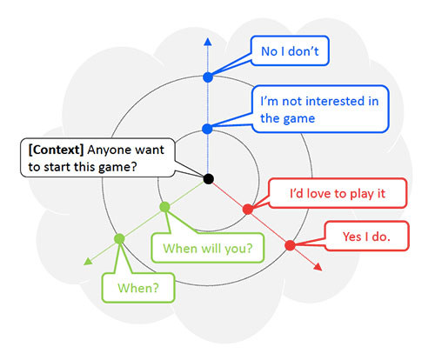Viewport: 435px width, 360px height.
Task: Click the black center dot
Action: point(208,178)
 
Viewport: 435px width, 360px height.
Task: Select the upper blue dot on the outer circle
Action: point(208,77)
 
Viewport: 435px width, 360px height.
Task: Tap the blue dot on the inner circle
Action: point(208,129)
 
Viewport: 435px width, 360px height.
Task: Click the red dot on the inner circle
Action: point(248,209)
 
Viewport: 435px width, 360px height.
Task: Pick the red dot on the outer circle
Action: point(290,245)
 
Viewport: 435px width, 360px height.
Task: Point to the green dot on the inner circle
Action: point(164,207)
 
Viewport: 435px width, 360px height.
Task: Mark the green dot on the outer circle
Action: point(119,238)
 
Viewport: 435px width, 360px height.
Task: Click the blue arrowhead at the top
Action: point(208,41)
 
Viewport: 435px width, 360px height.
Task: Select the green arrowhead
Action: point(87,261)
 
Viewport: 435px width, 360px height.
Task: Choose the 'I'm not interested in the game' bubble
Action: point(318,109)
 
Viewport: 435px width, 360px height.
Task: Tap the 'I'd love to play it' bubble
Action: point(336,193)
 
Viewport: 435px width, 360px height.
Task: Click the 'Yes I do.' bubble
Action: point(361,235)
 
